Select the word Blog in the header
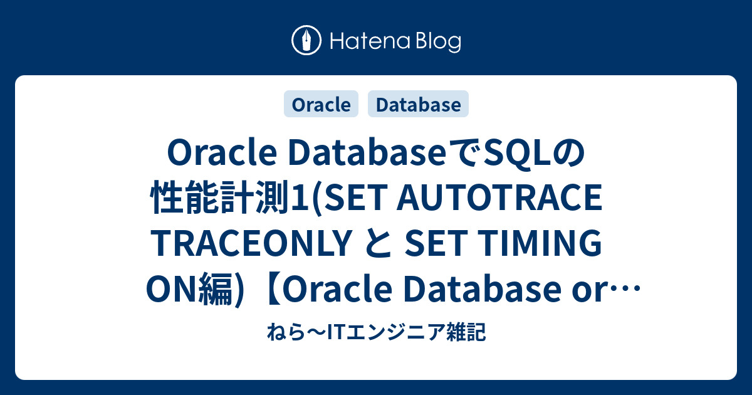437,42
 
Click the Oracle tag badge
321,105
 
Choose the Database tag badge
418,105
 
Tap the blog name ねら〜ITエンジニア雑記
376,332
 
